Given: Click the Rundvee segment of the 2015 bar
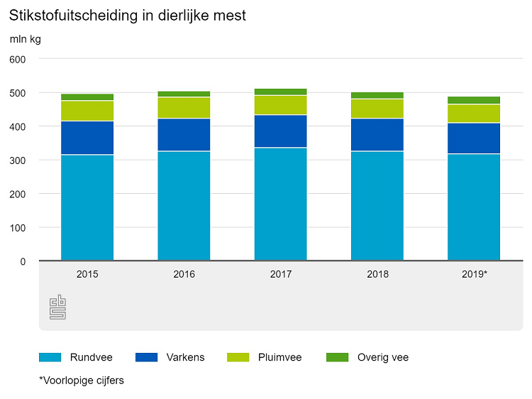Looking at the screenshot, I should click(87, 207).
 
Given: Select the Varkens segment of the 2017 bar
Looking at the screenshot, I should click(280, 131).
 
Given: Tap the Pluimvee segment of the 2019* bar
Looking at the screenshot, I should click(474, 114).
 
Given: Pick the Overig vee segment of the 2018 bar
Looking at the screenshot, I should click(377, 95).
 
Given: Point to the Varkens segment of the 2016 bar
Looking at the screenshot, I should click(184, 135).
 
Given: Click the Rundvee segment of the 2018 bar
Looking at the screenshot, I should click(377, 206).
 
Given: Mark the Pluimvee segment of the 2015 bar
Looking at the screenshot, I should click(87, 111).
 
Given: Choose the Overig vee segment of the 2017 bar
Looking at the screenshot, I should click(280, 92).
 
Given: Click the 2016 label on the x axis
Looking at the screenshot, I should click(184, 273).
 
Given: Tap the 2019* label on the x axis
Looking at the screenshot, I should click(474, 273).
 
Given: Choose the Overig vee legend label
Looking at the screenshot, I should click(383, 357).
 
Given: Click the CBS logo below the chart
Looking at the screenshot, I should click(57, 307).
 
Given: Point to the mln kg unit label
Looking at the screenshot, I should click(25, 39).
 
